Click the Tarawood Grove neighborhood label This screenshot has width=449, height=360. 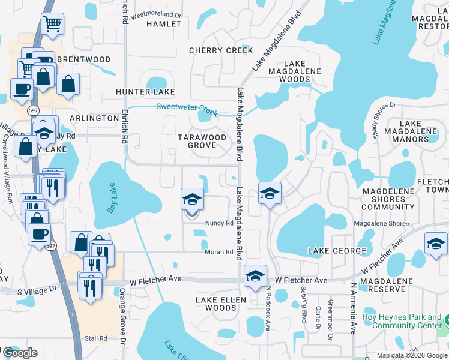[x=202, y=141]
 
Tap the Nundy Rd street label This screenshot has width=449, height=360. [x=218, y=223]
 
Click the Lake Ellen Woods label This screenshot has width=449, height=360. [x=216, y=303]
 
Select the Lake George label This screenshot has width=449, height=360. [x=337, y=250]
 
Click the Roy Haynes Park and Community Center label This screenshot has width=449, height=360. [x=402, y=322]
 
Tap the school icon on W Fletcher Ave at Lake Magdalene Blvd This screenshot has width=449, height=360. [x=256, y=276]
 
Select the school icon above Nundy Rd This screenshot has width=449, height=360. [x=193, y=199]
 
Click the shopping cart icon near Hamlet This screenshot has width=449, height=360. [x=53, y=24]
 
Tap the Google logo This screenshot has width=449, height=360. [x=19, y=353]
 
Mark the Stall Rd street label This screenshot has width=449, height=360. [x=95, y=338]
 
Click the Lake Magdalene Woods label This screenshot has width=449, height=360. [x=295, y=71]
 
